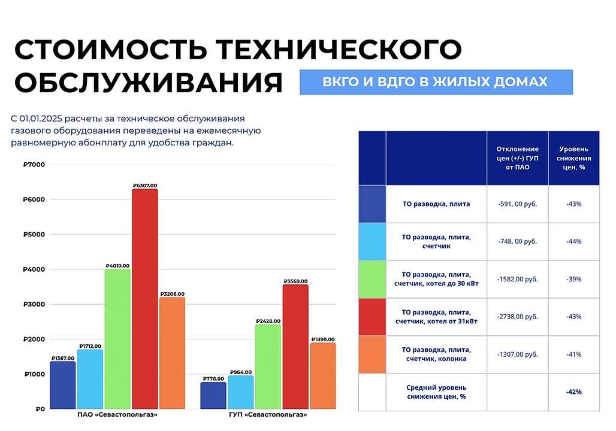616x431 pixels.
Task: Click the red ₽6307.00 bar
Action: (145, 299)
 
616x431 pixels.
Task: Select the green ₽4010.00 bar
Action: (117, 339)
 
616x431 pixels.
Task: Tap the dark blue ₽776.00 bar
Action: (213, 396)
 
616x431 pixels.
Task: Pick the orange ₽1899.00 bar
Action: (323, 376)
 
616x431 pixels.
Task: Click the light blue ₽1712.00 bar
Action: (90, 379)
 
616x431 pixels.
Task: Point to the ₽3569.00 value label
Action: (295, 281)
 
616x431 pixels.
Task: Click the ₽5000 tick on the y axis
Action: (30, 234)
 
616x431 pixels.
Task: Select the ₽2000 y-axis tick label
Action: (30, 339)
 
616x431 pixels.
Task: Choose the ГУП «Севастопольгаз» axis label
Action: (268, 415)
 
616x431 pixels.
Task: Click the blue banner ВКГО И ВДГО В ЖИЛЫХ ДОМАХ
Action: (436, 82)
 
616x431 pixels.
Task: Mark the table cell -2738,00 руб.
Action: (517, 317)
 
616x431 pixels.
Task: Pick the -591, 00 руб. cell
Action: (517, 204)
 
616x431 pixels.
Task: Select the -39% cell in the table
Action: (573, 279)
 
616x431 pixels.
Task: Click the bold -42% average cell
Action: (573, 392)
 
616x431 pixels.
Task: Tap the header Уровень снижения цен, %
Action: (573, 158)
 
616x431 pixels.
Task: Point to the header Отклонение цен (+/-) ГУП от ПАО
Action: (517, 158)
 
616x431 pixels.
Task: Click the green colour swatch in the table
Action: (372, 279)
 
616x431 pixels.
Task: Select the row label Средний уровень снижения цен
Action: (436, 392)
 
